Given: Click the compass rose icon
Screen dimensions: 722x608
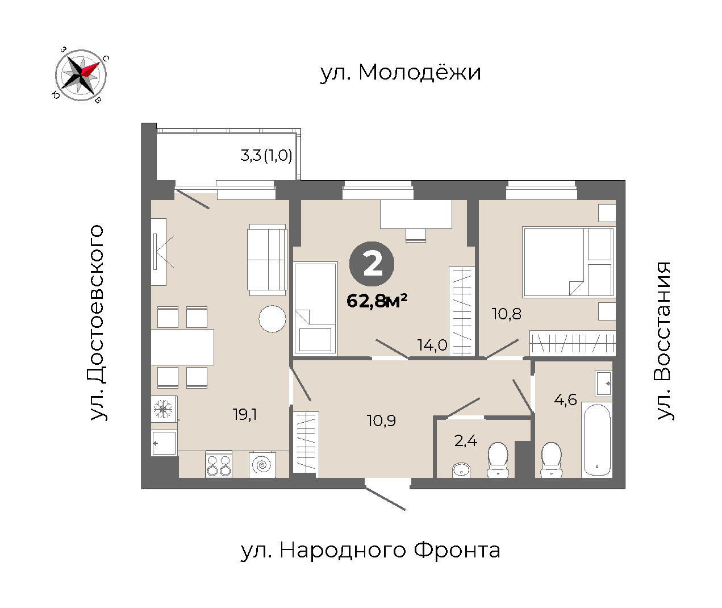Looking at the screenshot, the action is (x=81, y=75).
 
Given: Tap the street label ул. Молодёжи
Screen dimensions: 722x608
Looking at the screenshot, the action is (x=400, y=73).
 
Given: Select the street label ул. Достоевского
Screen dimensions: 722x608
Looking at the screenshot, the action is (x=98, y=323).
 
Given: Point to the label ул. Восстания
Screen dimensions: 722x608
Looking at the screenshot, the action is (x=664, y=341).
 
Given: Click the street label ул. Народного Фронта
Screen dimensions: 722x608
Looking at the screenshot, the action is (x=370, y=550).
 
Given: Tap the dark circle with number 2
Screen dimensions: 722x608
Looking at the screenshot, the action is (x=372, y=264).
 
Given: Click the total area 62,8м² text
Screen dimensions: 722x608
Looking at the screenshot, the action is (x=377, y=301).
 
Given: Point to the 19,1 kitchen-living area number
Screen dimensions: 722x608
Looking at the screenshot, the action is (x=245, y=414).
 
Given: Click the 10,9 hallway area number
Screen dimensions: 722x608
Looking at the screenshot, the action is (x=381, y=420).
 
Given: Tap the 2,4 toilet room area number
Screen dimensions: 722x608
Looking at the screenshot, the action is (x=466, y=441).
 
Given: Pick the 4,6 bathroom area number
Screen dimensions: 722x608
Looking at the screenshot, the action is (x=565, y=400).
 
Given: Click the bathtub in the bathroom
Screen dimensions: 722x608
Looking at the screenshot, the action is (x=596, y=440).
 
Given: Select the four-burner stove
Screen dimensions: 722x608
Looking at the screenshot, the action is (x=219, y=464).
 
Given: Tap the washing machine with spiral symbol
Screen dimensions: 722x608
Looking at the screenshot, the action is (x=262, y=464).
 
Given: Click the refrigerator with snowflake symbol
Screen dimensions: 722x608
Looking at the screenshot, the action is (x=164, y=409).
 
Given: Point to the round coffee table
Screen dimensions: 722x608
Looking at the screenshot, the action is (x=273, y=319).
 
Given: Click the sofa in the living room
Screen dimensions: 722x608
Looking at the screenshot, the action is (x=267, y=260).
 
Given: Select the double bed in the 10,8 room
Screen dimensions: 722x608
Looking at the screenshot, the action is (x=569, y=262).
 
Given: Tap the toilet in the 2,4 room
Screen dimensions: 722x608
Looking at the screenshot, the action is (x=498, y=460).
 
